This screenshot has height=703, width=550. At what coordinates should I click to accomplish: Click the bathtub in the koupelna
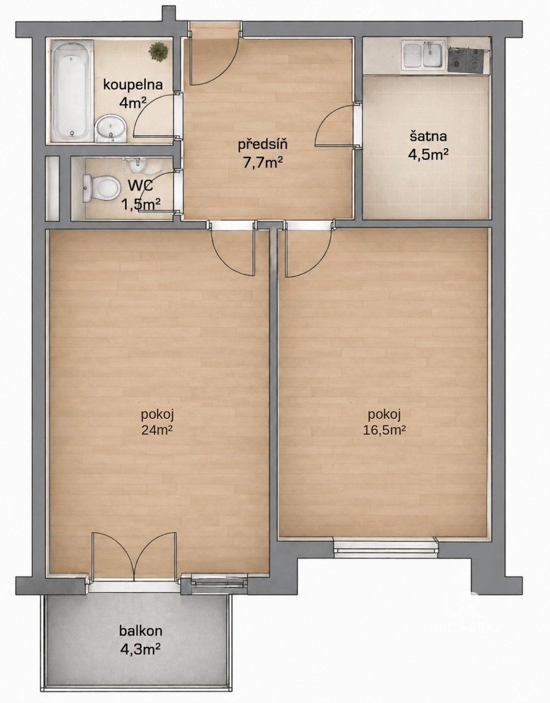72,91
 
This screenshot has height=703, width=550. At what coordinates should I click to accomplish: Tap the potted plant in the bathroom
159,52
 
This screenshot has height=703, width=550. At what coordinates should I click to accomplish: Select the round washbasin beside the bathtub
111,128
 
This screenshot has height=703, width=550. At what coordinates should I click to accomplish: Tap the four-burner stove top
465,59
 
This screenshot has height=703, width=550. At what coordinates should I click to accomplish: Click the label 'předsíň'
263,145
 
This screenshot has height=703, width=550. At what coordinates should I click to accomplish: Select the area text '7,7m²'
263,163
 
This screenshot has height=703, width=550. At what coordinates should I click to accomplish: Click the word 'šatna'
428,136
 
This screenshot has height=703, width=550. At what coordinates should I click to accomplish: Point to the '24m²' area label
156,429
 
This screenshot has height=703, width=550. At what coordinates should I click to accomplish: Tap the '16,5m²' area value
384,430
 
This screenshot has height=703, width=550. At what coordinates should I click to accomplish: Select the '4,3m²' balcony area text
141,631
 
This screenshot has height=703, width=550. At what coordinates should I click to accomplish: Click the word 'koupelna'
133,85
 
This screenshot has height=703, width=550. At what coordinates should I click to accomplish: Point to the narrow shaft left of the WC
53,189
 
